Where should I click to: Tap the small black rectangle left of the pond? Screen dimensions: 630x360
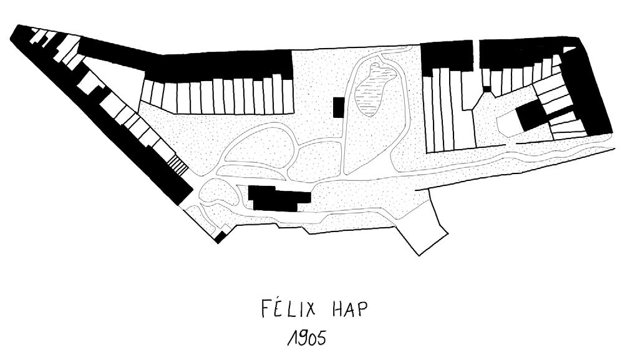(x=339, y=107)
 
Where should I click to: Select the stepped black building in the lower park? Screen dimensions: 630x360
(x=278, y=198)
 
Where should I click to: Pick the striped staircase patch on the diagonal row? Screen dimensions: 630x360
(x=178, y=166)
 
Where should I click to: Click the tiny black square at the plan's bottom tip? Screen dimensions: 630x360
(x=220, y=237)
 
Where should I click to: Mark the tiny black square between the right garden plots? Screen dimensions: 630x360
(x=487, y=89)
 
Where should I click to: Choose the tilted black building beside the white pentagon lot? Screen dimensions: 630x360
(x=530, y=116)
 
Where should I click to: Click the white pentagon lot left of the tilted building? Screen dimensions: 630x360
(x=508, y=125)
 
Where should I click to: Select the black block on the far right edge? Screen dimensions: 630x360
(x=593, y=94)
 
